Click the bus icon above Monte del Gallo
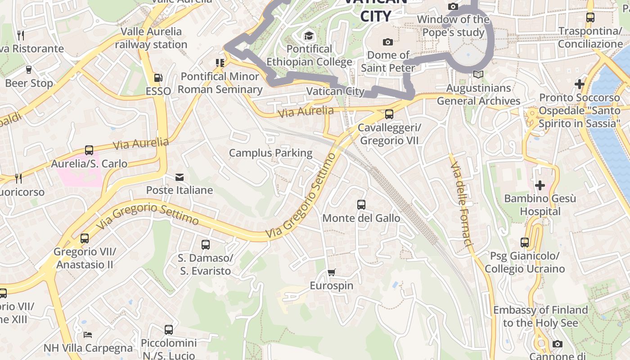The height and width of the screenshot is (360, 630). (x=361, y=205)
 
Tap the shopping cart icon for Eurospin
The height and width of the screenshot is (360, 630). (x=332, y=272)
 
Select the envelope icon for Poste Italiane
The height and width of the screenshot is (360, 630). (x=180, y=177)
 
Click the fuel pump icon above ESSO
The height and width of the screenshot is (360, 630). (x=158, y=78)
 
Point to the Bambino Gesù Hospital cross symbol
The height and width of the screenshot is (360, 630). (x=540, y=185)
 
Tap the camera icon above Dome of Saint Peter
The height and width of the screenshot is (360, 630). (x=387, y=42)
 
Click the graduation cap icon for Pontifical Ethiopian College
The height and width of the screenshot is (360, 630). (x=309, y=36)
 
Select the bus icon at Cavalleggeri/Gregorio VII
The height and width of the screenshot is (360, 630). (x=389, y=114)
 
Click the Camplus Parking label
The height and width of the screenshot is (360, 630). (x=270, y=153)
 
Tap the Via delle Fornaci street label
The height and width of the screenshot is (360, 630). (x=462, y=203)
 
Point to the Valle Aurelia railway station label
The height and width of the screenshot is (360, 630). (x=151, y=38)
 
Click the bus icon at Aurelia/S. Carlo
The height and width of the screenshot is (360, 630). (x=89, y=150)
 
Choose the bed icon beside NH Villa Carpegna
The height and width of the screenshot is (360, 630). (x=88, y=335)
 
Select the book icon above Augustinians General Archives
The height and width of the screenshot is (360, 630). (x=478, y=75)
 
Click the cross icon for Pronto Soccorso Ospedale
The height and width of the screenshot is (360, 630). (x=579, y=84)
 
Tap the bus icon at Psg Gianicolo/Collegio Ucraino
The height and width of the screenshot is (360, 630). (x=525, y=243)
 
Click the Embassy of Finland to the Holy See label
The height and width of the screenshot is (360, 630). (x=540, y=316)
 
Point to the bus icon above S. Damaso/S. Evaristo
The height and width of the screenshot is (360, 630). (x=206, y=245)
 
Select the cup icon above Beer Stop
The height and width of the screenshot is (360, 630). (x=29, y=70)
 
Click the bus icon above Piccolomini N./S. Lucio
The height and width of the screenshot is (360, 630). (x=169, y=330)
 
